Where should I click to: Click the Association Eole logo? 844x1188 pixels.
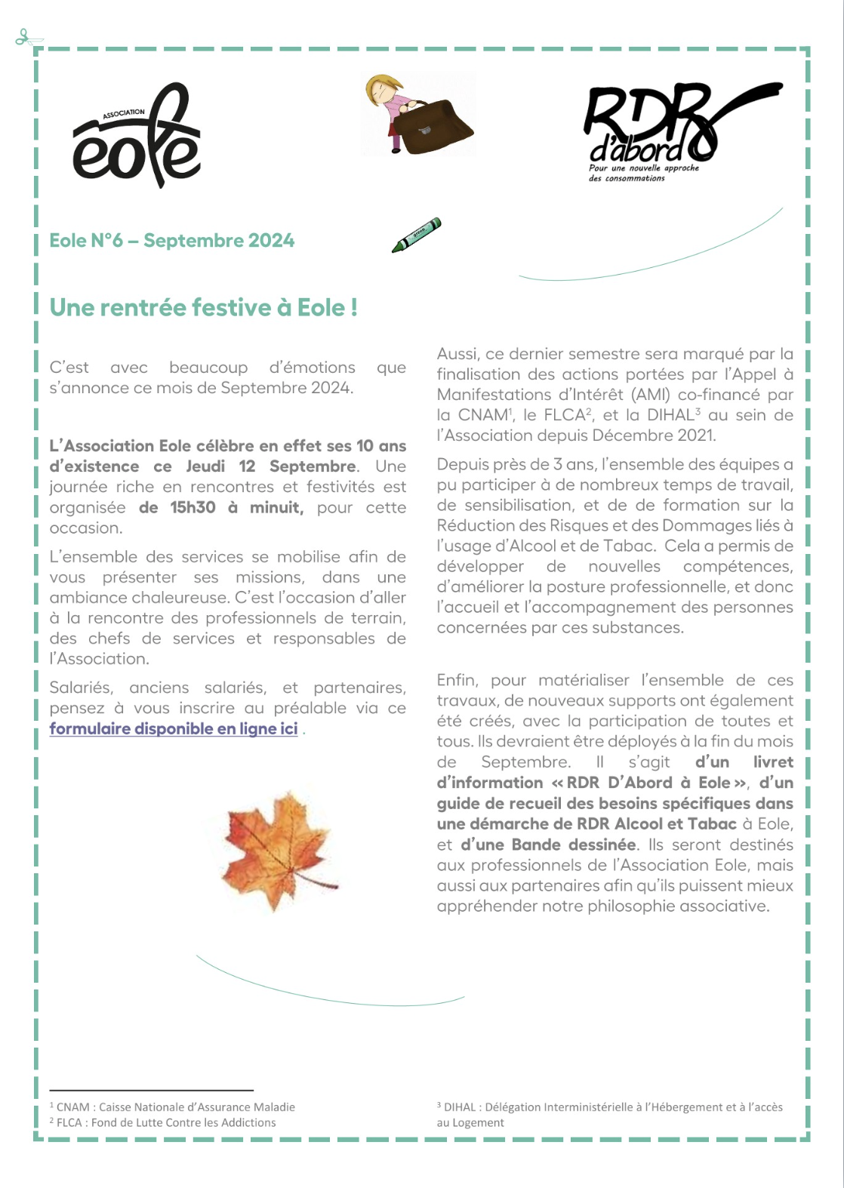(137, 136)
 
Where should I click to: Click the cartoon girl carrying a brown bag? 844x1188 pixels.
(417, 115)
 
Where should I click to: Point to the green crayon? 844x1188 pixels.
(416, 234)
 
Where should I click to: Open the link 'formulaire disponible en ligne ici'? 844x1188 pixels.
(174, 728)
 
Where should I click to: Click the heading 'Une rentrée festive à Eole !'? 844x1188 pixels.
(203, 307)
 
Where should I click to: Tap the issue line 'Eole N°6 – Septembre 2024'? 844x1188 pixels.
(172, 241)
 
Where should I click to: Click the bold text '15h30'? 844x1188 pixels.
(193, 507)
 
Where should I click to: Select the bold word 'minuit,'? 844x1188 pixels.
(276, 507)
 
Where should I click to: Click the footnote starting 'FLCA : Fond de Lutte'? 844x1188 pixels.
(166, 1122)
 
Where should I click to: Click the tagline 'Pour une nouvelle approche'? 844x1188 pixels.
(643, 168)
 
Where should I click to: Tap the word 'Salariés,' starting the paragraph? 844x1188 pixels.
(81, 688)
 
